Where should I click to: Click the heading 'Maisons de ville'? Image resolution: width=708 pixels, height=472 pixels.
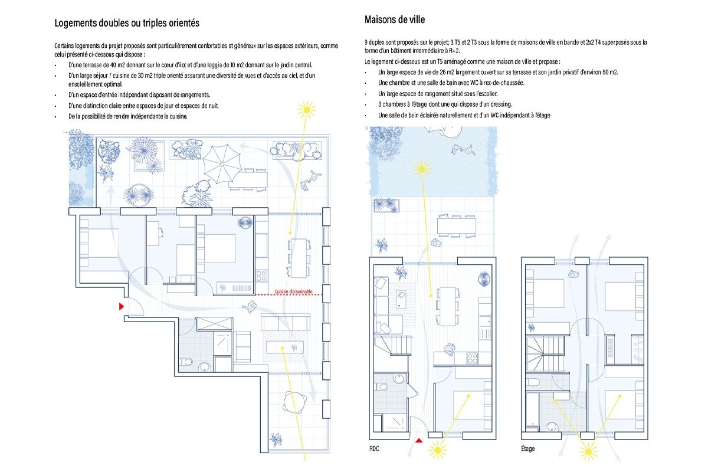coord(395,19)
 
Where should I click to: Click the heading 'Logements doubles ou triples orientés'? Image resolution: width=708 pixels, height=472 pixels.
coord(127,23)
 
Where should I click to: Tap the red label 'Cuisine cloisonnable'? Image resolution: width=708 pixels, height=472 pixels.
coord(294,291)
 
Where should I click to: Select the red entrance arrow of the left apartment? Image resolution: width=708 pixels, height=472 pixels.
coord(122,306)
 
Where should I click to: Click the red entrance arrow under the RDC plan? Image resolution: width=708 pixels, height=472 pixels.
coord(419,440)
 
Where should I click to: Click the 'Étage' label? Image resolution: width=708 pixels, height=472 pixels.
coord(528,448)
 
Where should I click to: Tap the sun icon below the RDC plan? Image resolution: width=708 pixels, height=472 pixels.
coord(438,451)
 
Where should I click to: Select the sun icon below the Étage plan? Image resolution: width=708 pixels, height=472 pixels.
coord(588,452)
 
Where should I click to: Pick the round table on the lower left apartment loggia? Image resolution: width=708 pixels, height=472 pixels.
coord(294,405)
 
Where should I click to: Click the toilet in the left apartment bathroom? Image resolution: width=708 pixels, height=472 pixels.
coord(187,362)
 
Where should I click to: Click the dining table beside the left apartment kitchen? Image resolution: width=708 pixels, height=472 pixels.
coord(299,257)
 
